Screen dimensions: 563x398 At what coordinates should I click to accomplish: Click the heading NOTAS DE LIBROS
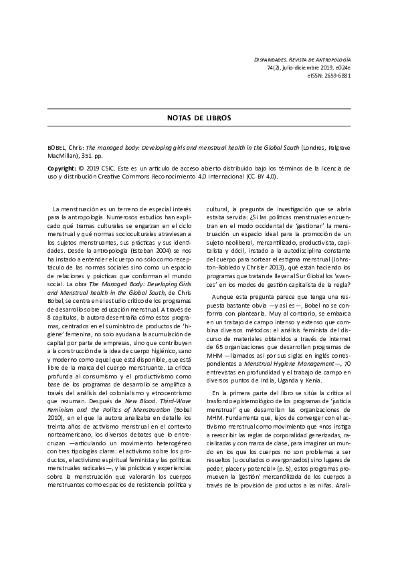pos(199,117)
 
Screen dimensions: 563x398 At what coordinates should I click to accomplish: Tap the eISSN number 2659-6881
pos(335,76)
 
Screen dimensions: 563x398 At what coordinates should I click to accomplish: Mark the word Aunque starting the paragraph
pos(224,297)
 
